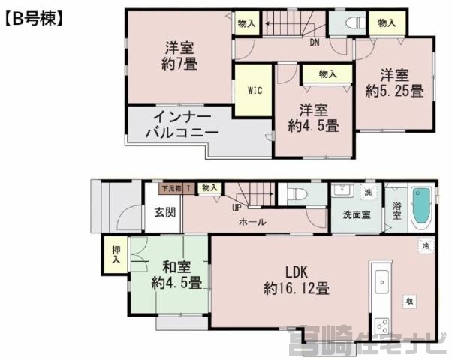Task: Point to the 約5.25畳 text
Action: [394, 91]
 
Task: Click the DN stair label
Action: [314, 42]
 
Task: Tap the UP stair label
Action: [237, 208]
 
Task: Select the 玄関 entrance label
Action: [166, 212]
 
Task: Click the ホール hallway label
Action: [252, 223]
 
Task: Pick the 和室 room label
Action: [176, 266]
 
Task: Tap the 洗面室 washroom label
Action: [356, 214]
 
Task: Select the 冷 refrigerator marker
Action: [425, 245]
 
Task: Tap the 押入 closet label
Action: [116, 254]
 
